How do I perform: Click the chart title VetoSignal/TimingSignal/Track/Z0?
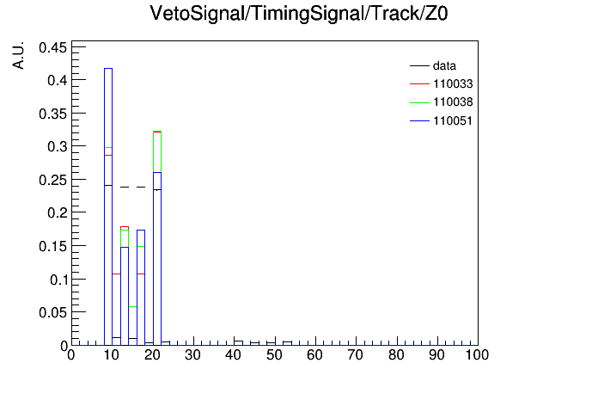(299, 14)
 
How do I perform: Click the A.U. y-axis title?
(18, 55)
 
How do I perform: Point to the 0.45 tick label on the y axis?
(52, 48)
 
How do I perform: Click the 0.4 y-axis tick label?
(58, 81)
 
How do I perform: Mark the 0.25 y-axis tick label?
(52, 180)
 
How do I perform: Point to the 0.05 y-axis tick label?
(52, 313)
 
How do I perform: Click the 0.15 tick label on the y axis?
(52, 246)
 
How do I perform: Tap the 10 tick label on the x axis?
(112, 355)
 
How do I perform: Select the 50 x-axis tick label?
(274, 355)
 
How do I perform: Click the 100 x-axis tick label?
(477, 355)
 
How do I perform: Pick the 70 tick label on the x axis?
(355, 355)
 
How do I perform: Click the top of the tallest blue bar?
(108, 68)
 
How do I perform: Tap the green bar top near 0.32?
(157, 131)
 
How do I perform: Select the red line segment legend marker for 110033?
(419, 83)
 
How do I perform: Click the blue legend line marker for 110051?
(419, 120)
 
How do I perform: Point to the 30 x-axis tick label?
(192, 355)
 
